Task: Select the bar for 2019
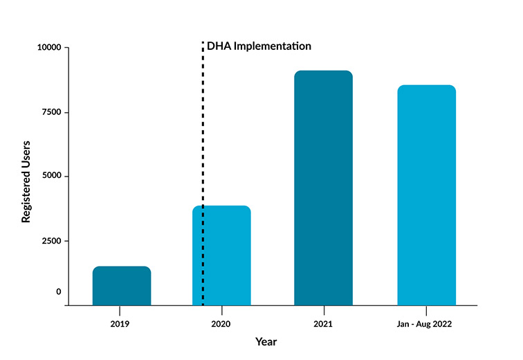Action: point(122,286)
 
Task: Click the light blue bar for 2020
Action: point(221,255)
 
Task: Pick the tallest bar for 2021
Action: point(323,188)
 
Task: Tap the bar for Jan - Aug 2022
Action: point(427,195)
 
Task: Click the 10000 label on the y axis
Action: point(49,47)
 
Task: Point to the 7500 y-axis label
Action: point(52,112)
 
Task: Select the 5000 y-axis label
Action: point(52,175)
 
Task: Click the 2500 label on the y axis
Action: point(52,240)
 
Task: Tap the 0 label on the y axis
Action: point(59,291)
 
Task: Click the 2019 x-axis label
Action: point(120,323)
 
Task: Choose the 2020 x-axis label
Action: point(221,323)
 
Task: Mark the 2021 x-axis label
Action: point(323,323)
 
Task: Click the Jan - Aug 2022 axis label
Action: point(424,324)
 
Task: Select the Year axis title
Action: point(266,341)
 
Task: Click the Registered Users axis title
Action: point(26,182)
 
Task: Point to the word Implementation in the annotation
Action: point(272,46)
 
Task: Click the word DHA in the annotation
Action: point(219,46)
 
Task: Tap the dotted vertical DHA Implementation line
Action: point(203,174)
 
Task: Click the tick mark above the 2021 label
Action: point(324,311)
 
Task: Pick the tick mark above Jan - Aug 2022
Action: point(426,311)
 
